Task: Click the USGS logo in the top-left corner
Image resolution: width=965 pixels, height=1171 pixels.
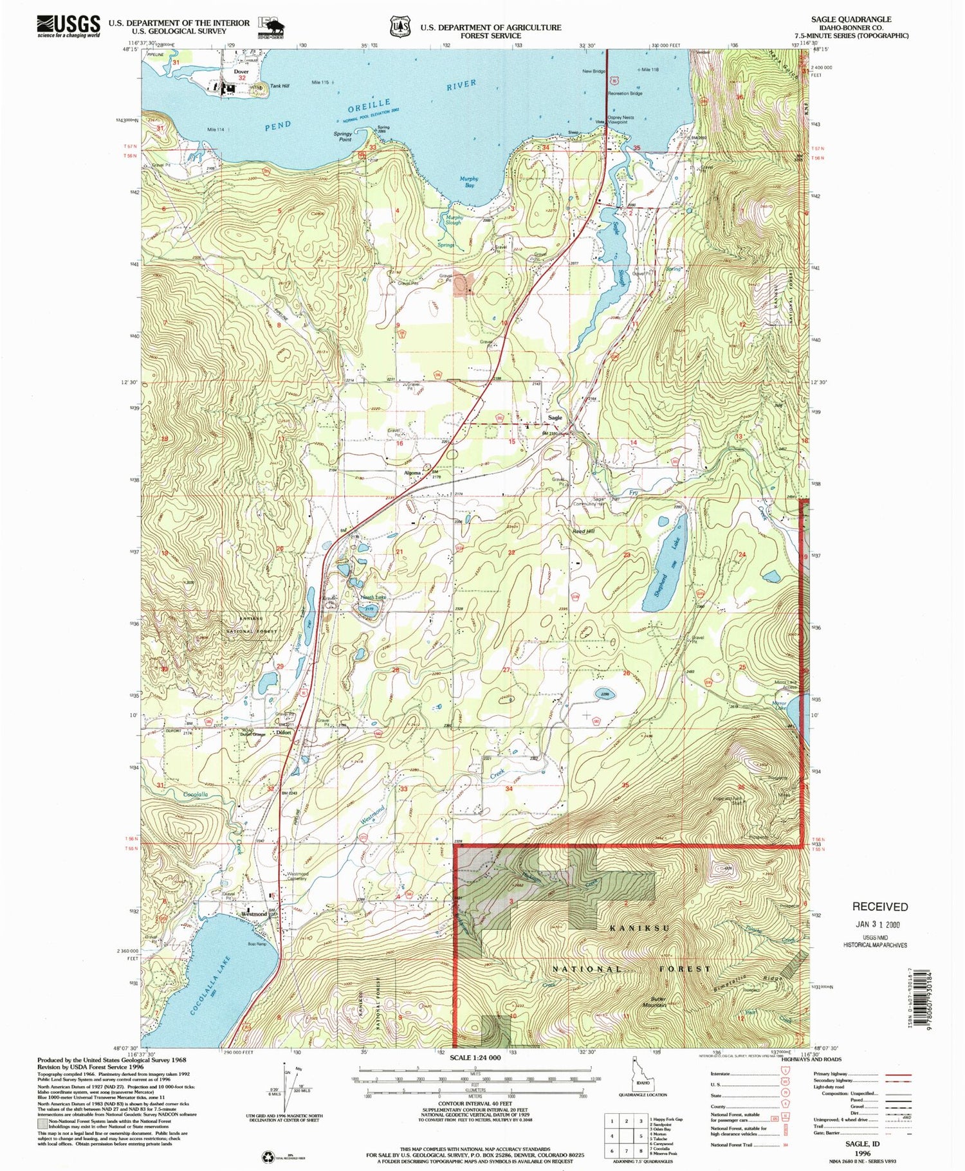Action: click(68, 25)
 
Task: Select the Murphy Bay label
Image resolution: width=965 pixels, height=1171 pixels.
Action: click(469, 182)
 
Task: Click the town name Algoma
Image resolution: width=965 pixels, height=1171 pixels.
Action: click(412, 473)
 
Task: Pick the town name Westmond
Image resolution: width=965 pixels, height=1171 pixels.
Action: click(254, 914)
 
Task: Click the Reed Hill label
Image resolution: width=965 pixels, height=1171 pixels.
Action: click(584, 531)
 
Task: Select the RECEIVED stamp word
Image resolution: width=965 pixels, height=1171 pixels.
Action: click(879, 907)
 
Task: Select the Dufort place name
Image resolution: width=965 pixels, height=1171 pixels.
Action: click(284, 733)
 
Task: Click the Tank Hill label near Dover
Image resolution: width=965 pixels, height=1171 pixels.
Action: click(279, 86)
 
